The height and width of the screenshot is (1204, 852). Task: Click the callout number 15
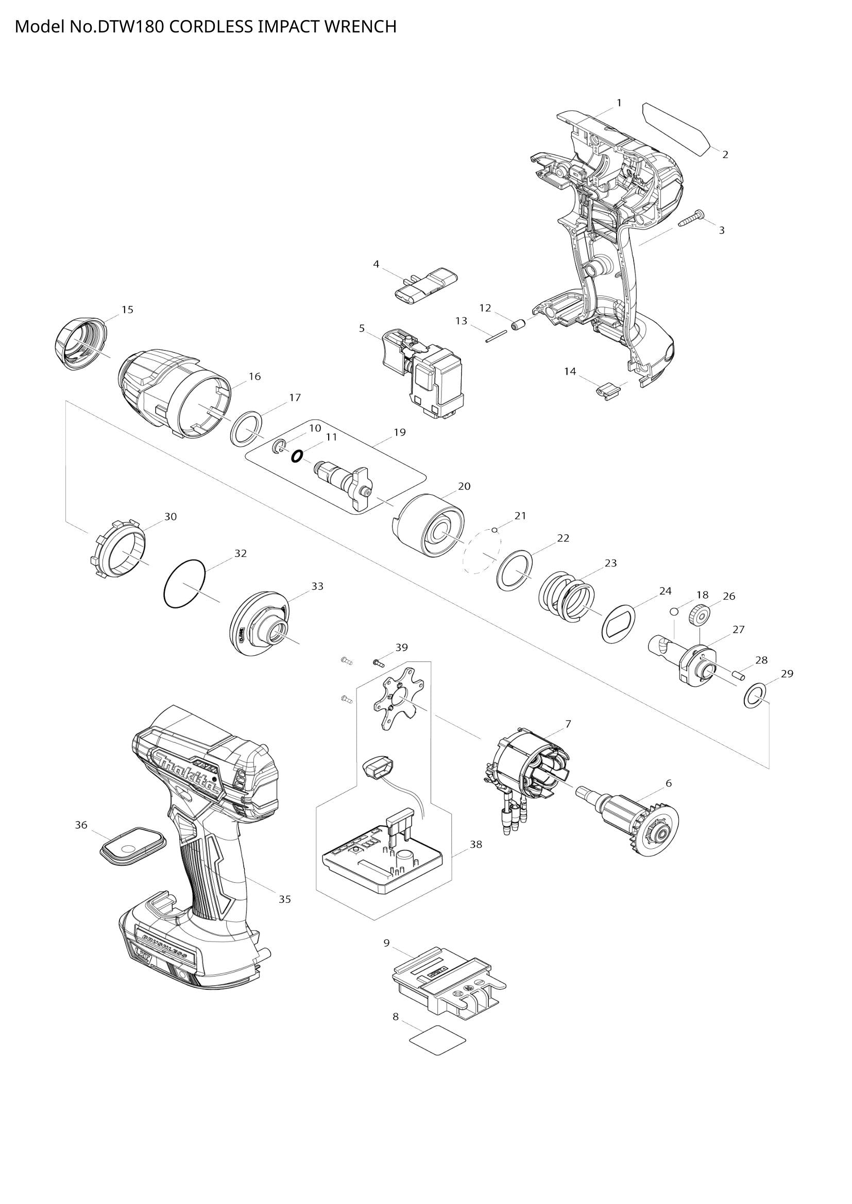click(127, 309)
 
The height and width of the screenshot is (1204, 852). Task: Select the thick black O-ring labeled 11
click(296, 456)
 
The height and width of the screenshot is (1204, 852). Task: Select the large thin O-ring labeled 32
click(184, 584)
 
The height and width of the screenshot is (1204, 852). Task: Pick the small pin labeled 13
click(495, 337)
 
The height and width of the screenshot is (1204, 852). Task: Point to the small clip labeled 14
click(607, 391)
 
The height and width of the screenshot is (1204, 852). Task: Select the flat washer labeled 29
click(754, 695)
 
